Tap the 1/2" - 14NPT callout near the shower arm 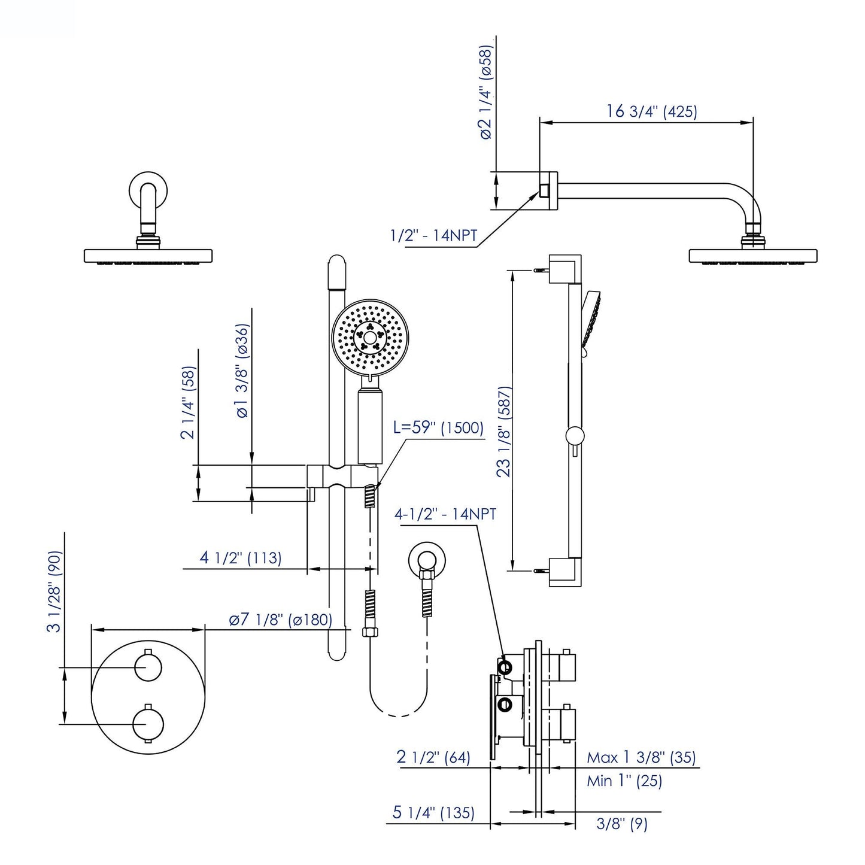point(433,236)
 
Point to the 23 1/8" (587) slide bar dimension point(504,431)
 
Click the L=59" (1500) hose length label point(438,428)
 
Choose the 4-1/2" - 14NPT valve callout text point(445,514)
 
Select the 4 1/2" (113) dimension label point(240,558)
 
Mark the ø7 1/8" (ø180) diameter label point(280,620)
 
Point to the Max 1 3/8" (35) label point(641,757)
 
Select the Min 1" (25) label point(624,781)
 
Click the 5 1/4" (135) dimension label point(433,813)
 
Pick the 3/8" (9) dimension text point(622,825)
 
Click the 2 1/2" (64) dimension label point(433,757)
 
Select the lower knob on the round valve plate point(148,723)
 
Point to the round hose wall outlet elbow point(426,560)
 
